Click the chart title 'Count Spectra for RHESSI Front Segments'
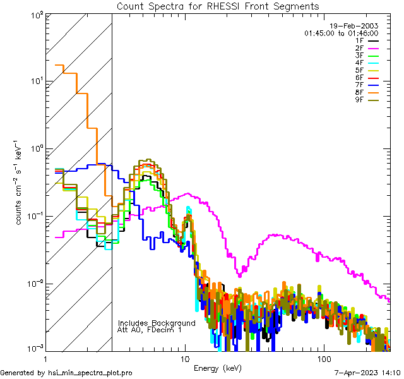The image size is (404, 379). pos(218,6)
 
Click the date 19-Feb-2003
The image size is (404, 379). pos(354,26)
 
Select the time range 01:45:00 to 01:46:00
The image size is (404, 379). pos(341,33)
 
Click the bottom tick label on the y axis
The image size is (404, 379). pos(35,349)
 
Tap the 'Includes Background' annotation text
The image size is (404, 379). pos(157,323)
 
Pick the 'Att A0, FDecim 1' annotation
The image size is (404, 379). pos(150,330)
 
